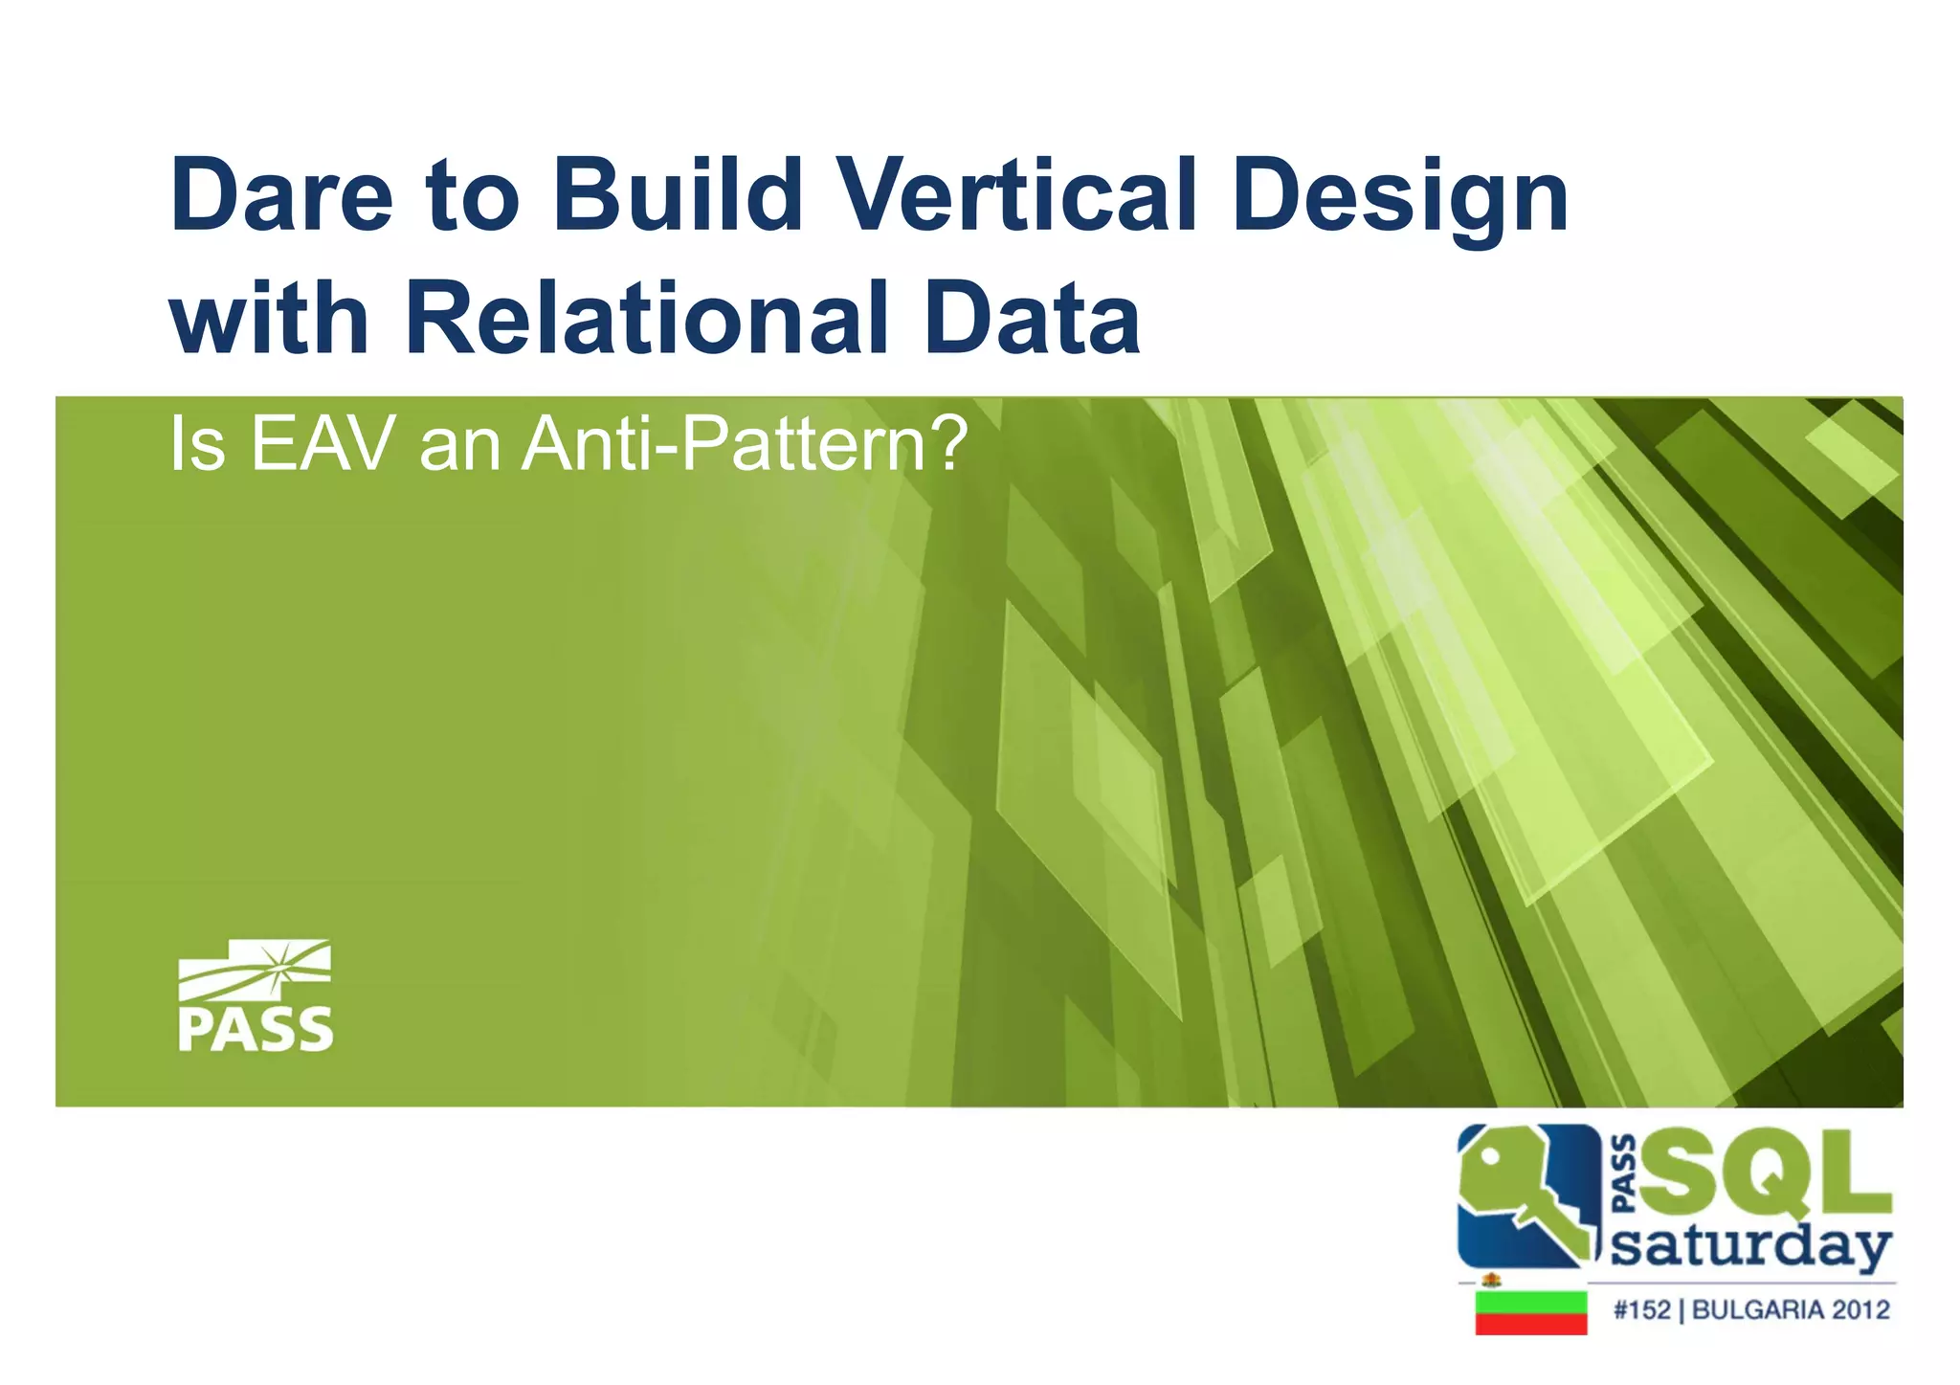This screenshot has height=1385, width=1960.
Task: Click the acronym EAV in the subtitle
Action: pyautogui.click(x=323, y=445)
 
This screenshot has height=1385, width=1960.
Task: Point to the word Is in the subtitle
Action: pyautogui.click(x=197, y=445)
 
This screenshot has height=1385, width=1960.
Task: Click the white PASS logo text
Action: pyautogui.click(x=256, y=1030)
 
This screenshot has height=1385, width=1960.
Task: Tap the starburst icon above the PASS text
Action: pyautogui.click(x=278, y=969)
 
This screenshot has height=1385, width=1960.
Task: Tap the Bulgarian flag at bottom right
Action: pyautogui.click(x=1530, y=1312)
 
